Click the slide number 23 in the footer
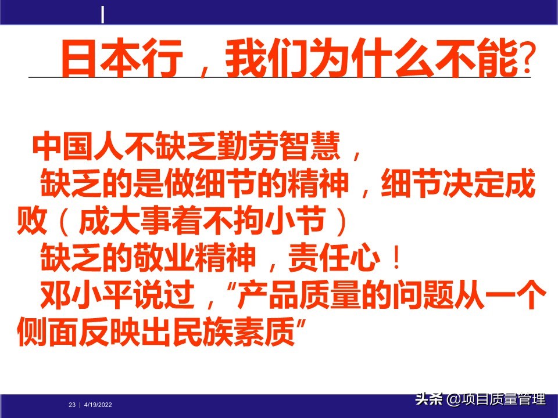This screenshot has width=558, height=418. click(72, 405)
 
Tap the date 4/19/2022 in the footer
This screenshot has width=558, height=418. click(98, 405)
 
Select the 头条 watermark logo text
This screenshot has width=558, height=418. click(429, 399)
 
